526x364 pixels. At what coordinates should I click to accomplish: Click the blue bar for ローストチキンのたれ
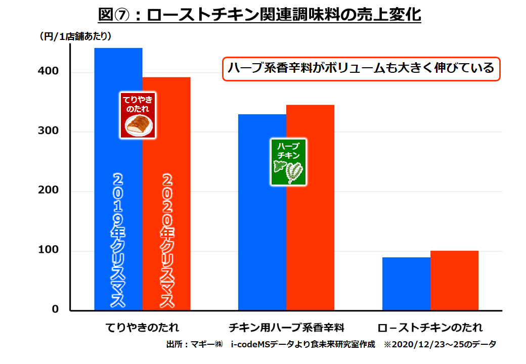coord(406,284)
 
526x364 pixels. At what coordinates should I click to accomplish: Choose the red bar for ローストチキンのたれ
coord(454,281)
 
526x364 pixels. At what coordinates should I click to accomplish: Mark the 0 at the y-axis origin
coord(56,309)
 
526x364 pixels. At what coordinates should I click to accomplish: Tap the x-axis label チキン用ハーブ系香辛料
coord(286,327)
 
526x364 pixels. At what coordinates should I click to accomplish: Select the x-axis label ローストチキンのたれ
coord(430,327)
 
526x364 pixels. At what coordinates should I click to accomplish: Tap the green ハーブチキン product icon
coord(289,162)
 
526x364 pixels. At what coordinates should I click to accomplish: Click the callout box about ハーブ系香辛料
coord(361,68)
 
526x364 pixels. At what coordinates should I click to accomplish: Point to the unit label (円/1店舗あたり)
coord(75,36)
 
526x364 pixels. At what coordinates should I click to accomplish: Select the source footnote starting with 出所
coord(331,345)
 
